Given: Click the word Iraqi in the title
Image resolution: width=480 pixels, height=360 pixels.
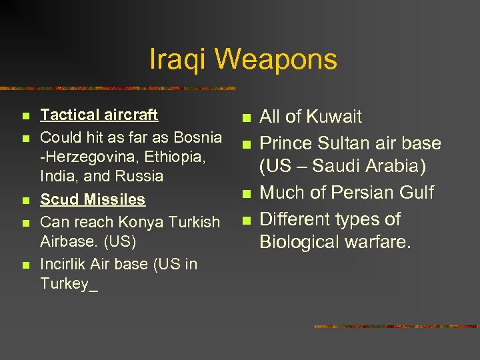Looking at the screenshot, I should coord(177,60).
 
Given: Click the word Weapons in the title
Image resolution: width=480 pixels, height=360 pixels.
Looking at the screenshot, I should coord(275,60).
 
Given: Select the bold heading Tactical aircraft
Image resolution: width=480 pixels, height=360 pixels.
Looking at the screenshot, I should coord(99,115).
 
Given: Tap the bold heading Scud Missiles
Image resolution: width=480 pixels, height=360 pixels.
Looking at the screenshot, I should coord(93,199).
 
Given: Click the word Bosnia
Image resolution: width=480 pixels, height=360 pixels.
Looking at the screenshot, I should coord(199,137).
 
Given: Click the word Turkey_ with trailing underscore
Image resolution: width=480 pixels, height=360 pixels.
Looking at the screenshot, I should coord(69,283).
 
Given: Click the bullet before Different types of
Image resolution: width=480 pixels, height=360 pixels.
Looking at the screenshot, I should coord(245,220).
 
